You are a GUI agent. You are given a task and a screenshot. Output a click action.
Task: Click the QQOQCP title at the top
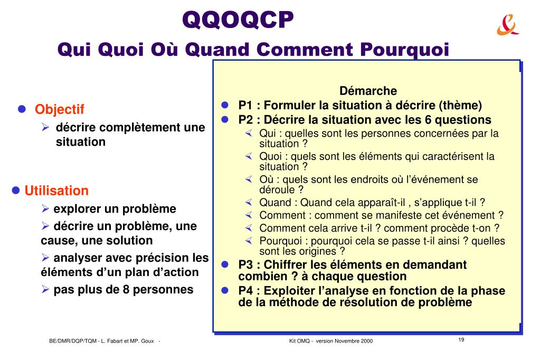coord(238,20)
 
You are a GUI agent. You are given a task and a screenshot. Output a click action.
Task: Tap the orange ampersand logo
coord(508,25)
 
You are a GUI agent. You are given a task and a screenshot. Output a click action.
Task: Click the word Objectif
coord(59,109)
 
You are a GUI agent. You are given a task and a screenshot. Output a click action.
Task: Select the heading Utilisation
coord(56,191)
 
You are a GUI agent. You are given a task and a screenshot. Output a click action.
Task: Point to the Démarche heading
coord(368,91)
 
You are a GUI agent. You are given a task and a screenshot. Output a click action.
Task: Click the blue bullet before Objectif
coord(22,109)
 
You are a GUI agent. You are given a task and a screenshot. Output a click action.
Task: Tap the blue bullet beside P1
coord(225,105)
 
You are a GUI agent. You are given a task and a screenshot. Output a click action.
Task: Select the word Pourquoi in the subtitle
coord(405,50)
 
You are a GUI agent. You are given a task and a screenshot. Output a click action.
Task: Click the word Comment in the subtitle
coord(305,49)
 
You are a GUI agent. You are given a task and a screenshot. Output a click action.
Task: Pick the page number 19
coord(461,339)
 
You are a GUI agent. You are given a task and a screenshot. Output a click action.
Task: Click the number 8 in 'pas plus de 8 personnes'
coord(126,290)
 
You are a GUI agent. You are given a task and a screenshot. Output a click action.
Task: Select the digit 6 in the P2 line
coord(428,119)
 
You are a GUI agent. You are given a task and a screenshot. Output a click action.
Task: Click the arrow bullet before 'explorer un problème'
coord(45,209)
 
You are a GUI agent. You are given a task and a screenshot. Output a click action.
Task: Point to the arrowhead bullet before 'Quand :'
coord(249,202)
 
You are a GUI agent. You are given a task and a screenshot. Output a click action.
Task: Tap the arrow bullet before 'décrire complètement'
coord(45,127)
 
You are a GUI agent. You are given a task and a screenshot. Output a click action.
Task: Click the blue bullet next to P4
coord(225,290)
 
